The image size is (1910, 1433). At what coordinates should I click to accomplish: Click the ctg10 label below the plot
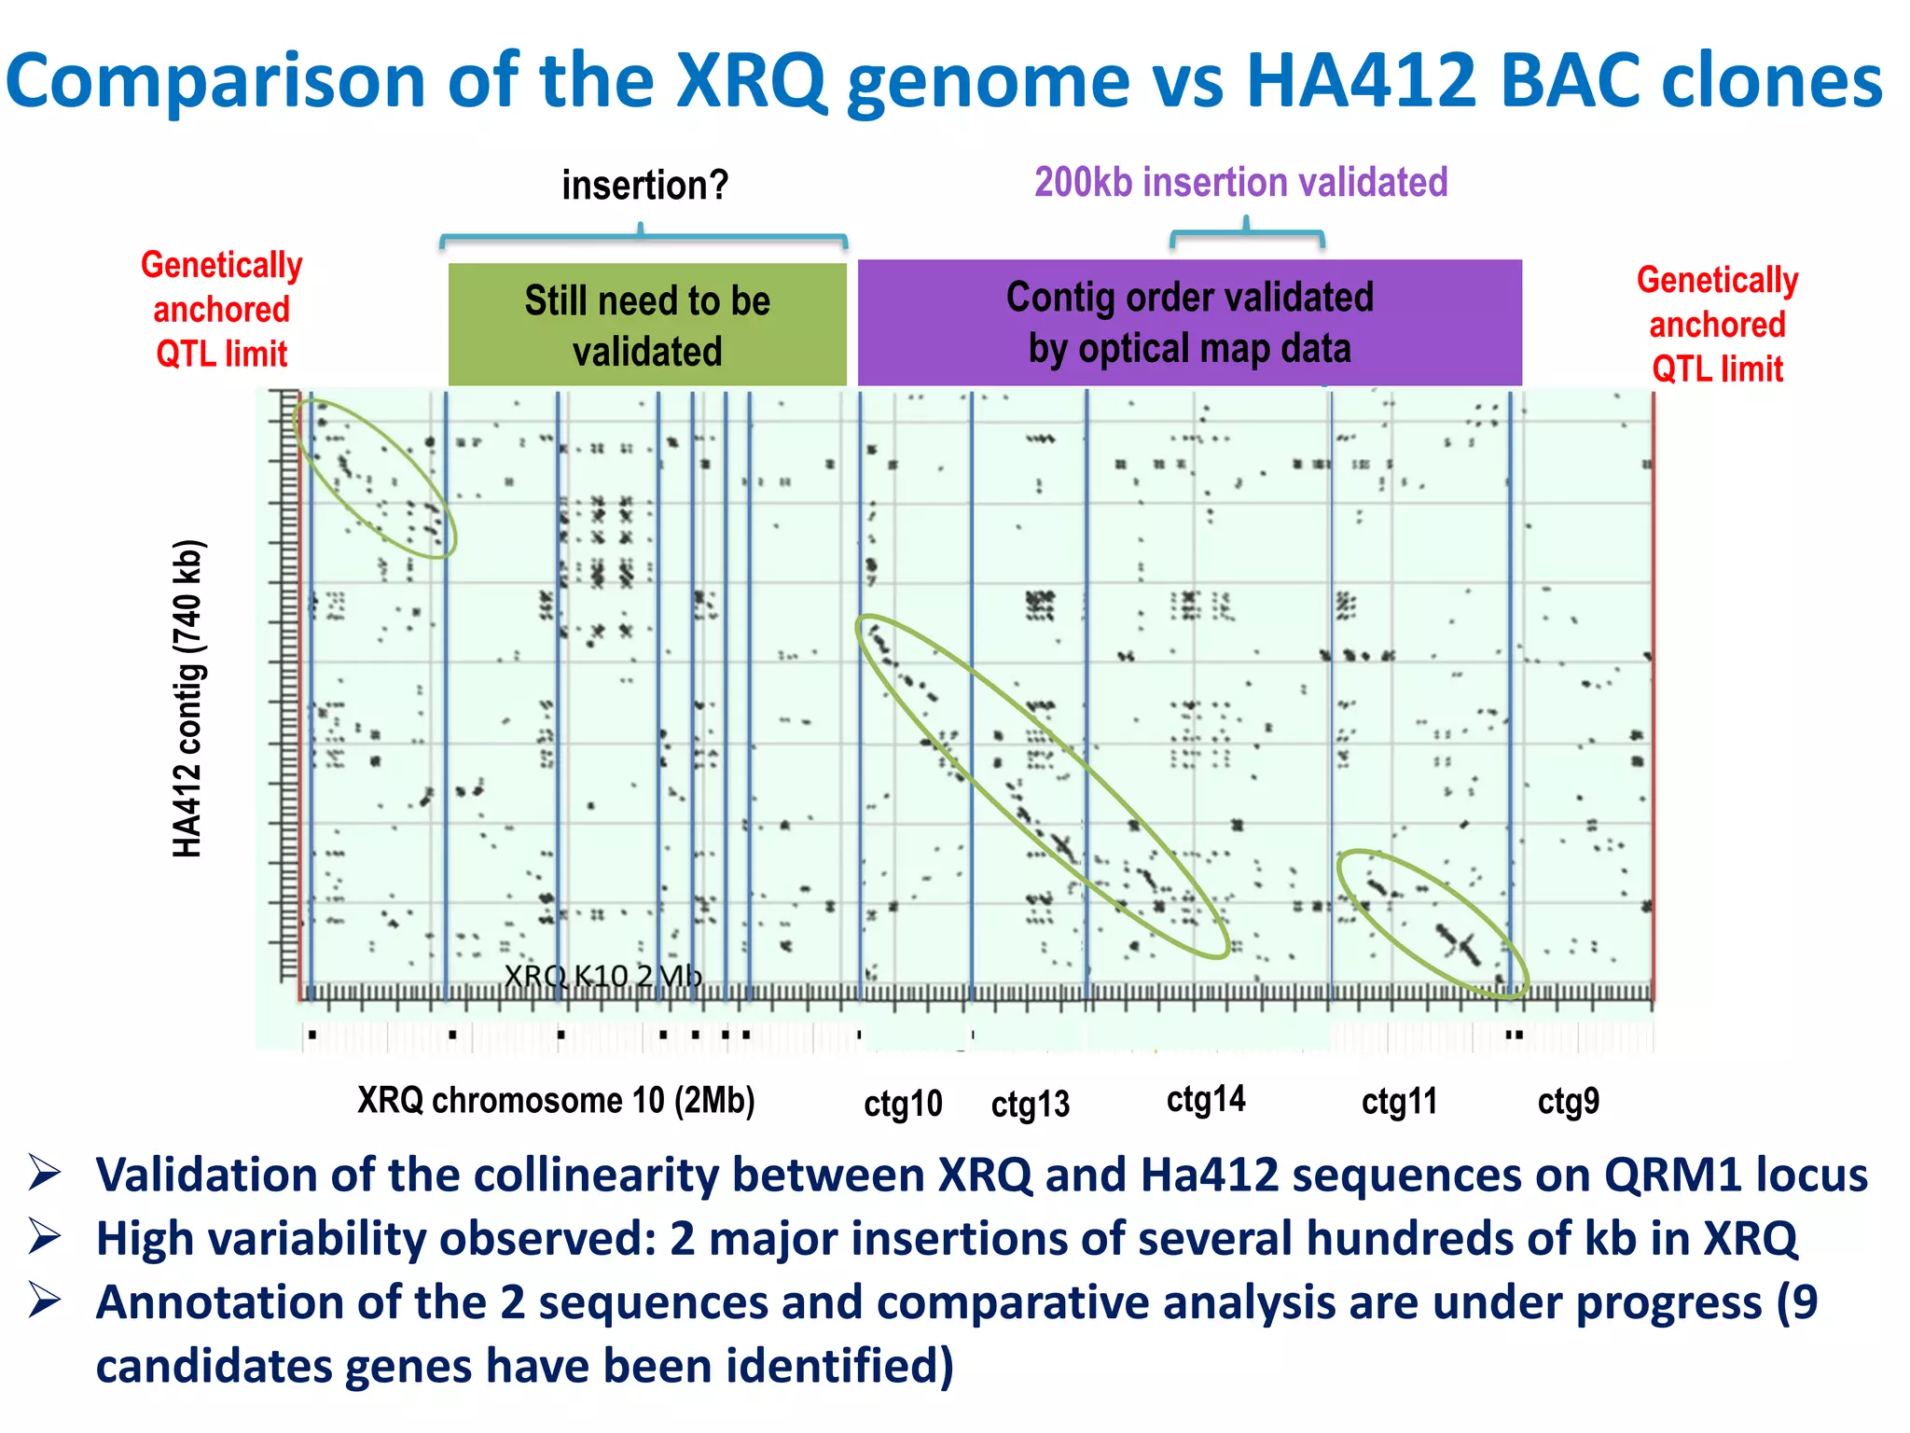click(902, 1104)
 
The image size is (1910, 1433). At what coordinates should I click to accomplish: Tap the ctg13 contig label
click(1030, 1105)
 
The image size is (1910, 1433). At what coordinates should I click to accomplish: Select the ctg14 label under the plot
click(1205, 1100)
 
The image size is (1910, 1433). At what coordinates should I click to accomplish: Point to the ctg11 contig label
click(1399, 1102)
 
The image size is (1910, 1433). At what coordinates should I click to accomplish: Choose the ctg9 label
click(1568, 1102)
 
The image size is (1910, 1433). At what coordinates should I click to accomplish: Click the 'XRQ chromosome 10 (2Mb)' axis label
click(556, 1101)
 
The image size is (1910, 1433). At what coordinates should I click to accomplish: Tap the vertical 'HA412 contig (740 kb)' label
click(187, 698)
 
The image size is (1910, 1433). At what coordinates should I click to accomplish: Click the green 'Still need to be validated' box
click(647, 325)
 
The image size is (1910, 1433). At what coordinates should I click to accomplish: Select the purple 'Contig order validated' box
click(1189, 322)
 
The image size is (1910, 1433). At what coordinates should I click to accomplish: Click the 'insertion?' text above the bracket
click(644, 185)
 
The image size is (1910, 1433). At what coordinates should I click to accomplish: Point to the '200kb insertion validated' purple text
click(1240, 182)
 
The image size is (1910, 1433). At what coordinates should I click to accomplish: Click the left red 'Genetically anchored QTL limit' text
click(222, 309)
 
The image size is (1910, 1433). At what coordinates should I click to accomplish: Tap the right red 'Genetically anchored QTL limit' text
click(1717, 324)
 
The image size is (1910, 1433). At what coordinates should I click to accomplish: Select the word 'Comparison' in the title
click(215, 81)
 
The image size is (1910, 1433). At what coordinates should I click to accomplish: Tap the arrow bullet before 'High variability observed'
click(45, 1237)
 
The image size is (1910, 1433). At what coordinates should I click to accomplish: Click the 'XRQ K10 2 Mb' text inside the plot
click(602, 976)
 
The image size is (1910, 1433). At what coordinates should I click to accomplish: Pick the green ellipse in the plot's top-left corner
click(373, 479)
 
